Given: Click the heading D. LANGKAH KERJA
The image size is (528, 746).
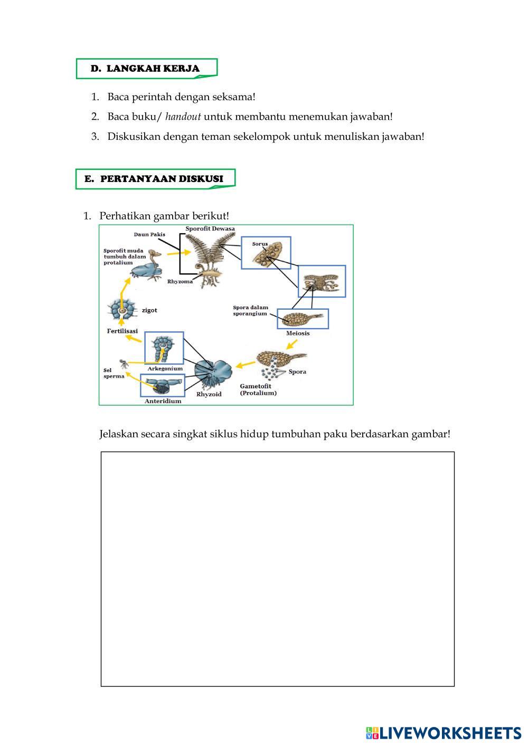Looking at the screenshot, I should (145, 69).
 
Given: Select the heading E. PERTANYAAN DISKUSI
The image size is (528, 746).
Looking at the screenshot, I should (154, 179).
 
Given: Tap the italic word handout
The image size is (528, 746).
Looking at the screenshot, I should (183, 117).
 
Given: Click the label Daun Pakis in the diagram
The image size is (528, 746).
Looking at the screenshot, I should (149, 234).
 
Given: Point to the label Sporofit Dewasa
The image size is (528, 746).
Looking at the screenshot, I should (210, 228).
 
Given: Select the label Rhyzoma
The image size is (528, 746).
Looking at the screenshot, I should (180, 282).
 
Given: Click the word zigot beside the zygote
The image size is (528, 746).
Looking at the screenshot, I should (149, 310).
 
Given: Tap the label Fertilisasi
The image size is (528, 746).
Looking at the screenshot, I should (122, 331).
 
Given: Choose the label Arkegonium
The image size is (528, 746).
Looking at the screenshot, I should (165, 369).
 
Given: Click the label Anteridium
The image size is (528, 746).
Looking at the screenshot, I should (163, 401).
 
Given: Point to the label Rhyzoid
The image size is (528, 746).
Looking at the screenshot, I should (209, 394).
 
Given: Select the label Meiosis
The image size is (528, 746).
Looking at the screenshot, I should (298, 333).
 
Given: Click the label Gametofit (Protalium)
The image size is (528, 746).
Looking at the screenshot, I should (258, 390).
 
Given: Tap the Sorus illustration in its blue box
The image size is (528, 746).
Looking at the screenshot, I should (266, 254).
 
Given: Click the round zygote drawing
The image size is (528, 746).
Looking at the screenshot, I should (122, 310).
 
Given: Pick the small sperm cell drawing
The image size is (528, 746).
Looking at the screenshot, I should (123, 364).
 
